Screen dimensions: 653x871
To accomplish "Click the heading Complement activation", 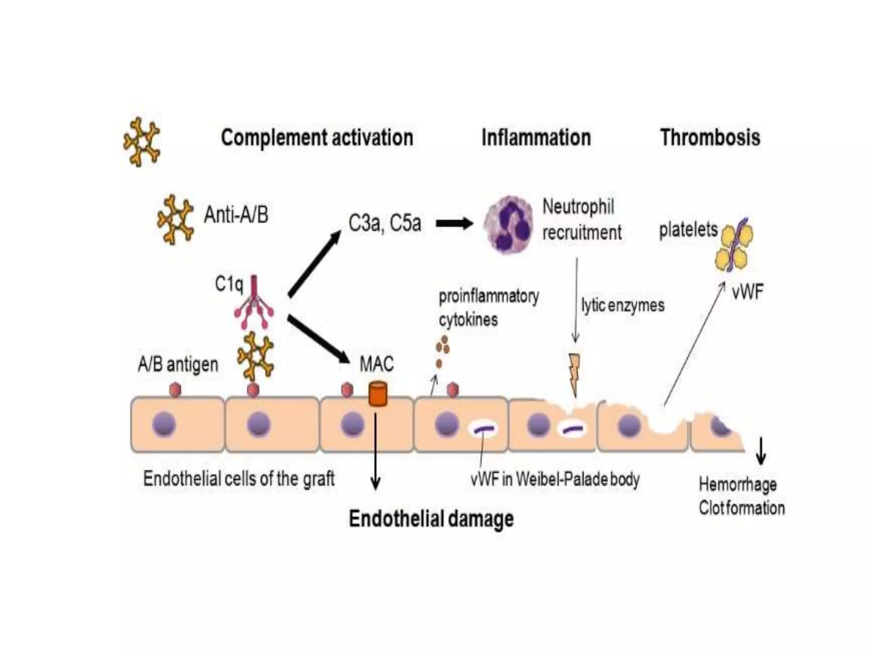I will coord(317,138).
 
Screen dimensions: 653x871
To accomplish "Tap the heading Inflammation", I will coord(536,138).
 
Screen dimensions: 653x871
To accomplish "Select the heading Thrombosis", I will coord(710,138).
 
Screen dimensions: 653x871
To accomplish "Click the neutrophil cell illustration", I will coord(508,224).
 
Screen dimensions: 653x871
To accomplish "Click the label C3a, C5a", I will coord(384,223).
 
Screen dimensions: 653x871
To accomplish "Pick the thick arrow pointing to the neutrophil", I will coord(454,223).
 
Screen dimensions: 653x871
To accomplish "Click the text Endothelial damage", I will coord(431,519).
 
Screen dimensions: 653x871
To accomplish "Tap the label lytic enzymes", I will coord(623,305).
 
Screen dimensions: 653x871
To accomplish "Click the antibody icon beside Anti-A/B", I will coord(175,219).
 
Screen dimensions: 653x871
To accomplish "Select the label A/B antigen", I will coord(178,365).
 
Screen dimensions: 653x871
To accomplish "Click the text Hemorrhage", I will coord(737,485).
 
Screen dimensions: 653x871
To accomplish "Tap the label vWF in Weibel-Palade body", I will coord(555,480).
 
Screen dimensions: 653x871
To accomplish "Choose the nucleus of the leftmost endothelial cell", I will coord(164,425).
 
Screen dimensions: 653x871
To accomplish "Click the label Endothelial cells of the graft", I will coord(239,479).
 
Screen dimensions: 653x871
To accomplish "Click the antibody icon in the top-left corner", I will coord(142,142).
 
